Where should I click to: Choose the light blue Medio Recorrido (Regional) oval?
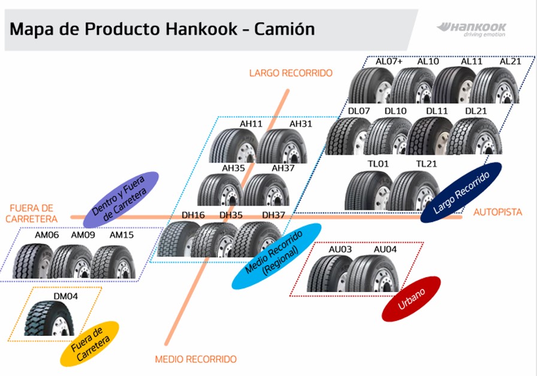click(x=276, y=256)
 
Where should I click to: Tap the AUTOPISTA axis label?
click(x=497, y=212)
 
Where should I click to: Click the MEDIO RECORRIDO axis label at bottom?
click(x=195, y=359)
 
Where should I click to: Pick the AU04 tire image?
click(x=373, y=274)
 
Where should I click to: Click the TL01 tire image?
click(x=367, y=191)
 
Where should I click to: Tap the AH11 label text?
click(x=251, y=124)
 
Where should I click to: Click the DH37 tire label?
click(x=273, y=215)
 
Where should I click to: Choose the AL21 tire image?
click(x=495, y=85)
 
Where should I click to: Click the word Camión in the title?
click(x=284, y=29)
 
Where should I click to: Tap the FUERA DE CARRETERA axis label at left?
click(x=32, y=213)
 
